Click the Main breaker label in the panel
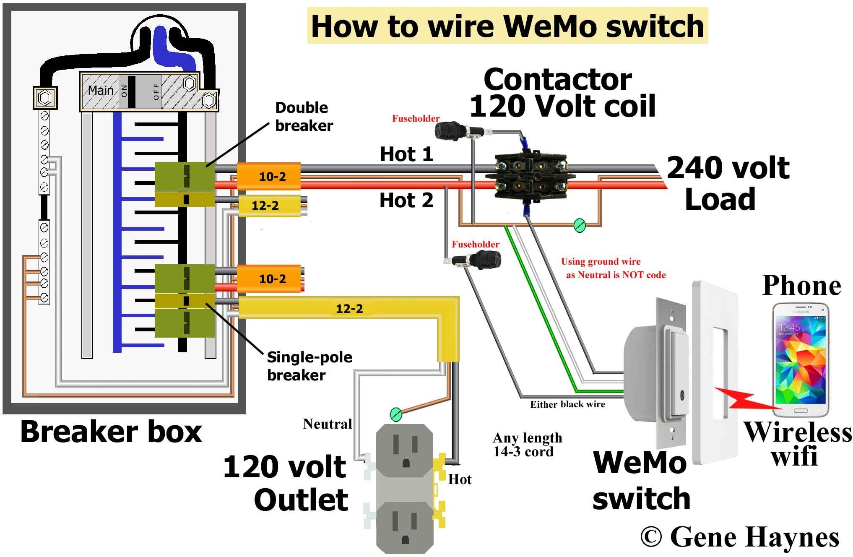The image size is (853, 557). click(x=101, y=91)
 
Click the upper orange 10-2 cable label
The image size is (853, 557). click(x=272, y=177)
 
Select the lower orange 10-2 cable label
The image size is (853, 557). click(x=272, y=279)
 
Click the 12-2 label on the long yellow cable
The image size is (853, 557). click(x=349, y=309)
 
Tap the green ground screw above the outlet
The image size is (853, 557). click(x=396, y=414)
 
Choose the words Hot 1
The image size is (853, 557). click(x=406, y=154)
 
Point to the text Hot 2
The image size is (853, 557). click(x=406, y=200)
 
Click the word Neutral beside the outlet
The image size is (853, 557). click(x=327, y=424)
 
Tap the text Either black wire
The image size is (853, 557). click(x=567, y=404)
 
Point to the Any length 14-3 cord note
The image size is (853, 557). click(x=527, y=445)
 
